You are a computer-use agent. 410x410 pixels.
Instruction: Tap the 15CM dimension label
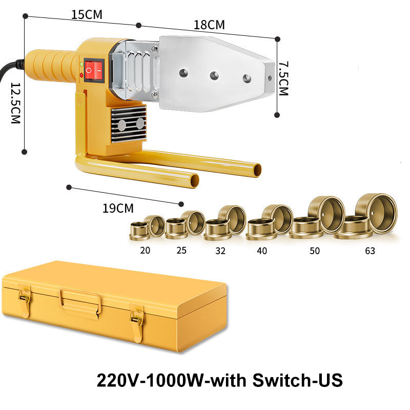(x=87, y=14)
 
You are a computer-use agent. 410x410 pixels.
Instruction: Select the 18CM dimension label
(x=209, y=25)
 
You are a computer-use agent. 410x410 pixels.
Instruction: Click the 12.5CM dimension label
(x=15, y=102)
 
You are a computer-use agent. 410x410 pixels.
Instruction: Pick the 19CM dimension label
(x=118, y=208)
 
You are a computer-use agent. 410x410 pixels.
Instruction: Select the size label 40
(x=262, y=251)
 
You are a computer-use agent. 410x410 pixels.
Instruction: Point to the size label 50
(x=314, y=251)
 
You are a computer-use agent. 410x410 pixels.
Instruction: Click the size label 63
(x=370, y=251)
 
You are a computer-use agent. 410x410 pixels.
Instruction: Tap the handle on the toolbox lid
(x=80, y=299)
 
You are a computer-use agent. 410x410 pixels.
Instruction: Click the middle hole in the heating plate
(x=214, y=75)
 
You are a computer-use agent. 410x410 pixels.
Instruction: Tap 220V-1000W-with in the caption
(x=169, y=381)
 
